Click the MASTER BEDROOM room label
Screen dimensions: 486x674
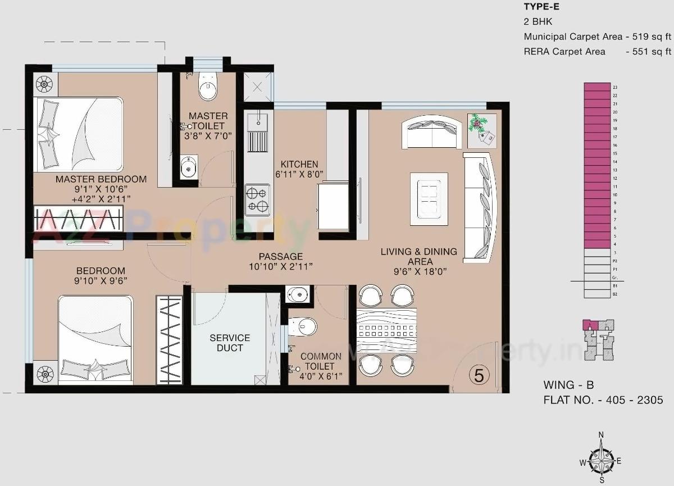(101, 179)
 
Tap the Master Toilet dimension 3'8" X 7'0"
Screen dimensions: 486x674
(208, 135)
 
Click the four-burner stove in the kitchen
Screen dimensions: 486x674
(257, 199)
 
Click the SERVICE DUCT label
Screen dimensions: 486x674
(230, 343)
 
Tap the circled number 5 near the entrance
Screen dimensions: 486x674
(479, 375)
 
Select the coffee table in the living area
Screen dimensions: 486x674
(429, 199)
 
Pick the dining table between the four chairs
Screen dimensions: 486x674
(386, 330)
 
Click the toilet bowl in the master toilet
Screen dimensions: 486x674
(208, 88)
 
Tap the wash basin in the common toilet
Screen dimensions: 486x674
(298, 294)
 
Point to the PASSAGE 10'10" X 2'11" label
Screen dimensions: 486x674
(280, 261)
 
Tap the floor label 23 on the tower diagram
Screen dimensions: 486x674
(616, 87)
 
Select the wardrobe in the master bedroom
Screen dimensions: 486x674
(78, 219)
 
